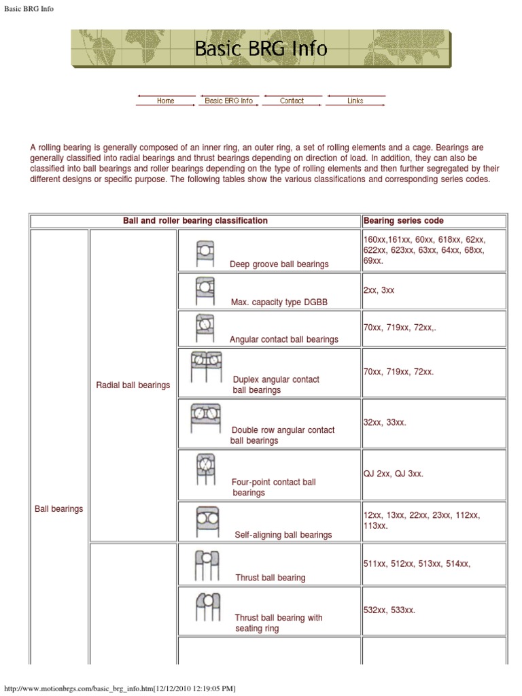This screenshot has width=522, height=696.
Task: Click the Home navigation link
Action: click(x=165, y=101)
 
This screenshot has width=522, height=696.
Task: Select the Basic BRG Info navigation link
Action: click(x=228, y=101)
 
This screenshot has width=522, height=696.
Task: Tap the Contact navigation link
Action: click(x=292, y=101)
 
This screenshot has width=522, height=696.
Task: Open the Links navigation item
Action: click(x=355, y=101)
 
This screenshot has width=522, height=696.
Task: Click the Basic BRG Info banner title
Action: click(x=261, y=49)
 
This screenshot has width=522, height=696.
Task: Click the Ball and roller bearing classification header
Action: click(x=195, y=221)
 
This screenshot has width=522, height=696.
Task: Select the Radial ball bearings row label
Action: click(x=133, y=385)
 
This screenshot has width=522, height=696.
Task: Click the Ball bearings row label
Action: click(x=58, y=508)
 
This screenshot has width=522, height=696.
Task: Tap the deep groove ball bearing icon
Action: click(x=205, y=254)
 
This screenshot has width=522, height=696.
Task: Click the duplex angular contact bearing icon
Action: click(x=206, y=368)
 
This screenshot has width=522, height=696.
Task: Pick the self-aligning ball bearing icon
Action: click(x=205, y=521)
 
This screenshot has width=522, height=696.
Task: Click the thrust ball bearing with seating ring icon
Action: click(x=207, y=606)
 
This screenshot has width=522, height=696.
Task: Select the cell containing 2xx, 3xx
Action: click(x=434, y=291)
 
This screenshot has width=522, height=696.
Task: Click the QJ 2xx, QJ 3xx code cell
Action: click(x=434, y=474)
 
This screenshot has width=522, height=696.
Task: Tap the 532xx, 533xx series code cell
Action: click(x=434, y=610)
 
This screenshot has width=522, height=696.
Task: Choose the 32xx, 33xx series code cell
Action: click(x=434, y=423)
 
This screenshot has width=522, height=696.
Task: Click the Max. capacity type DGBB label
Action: click(x=279, y=302)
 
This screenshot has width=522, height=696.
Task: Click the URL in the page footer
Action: click(x=120, y=689)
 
